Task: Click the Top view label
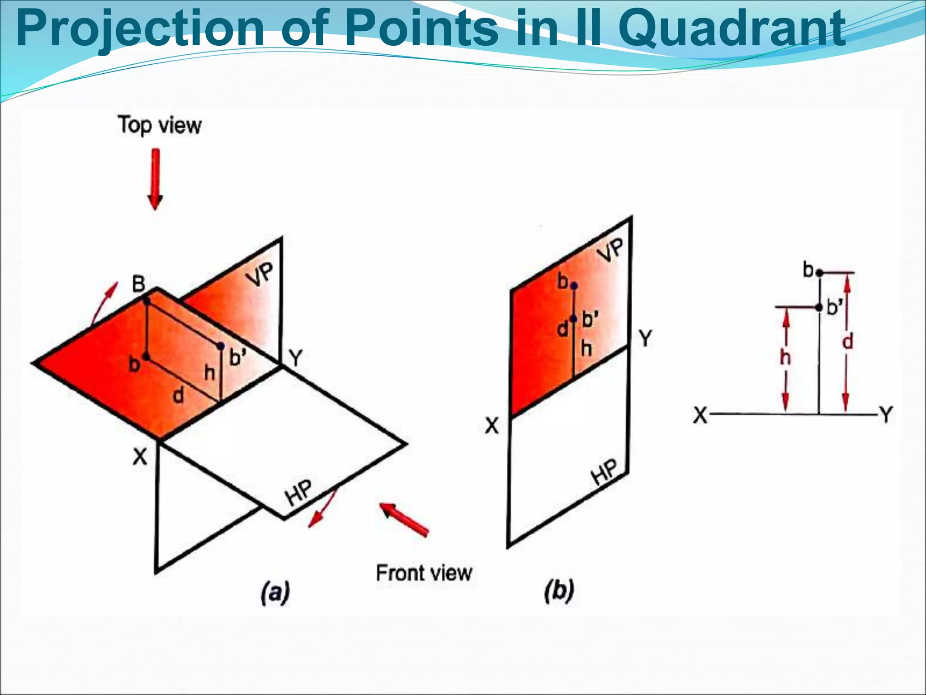coord(160,125)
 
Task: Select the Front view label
coord(424,573)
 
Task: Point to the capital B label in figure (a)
coord(138,284)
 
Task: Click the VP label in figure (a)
coord(261,274)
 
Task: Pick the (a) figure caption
coord(275,592)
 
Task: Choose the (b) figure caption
coord(559,591)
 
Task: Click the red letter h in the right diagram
coord(786,358)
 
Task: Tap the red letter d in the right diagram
coord(848,341)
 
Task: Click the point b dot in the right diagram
coord(819,273)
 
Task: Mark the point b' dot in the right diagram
coord(819,308)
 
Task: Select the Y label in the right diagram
coord(886,414)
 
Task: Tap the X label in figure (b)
coord(491,426)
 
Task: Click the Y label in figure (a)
coord(296,358)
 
